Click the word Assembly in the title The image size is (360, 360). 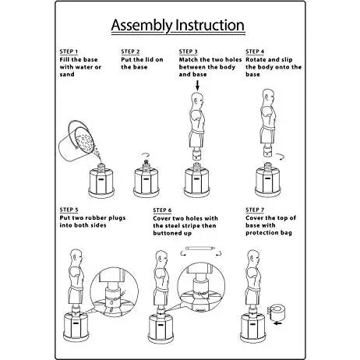(x=142, y=26)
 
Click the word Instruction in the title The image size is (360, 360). (x=210, y=25)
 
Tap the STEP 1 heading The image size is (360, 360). (x=69, y=51)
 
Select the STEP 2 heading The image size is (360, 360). (x=130, y=51)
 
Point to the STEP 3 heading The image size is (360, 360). (x=188, y=51)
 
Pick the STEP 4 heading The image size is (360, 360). (x=255, y=51)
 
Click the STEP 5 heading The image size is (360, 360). (x=69, y=210)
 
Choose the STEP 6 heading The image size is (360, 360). (x=162, y=210)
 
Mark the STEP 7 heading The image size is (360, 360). (x=255, y=210)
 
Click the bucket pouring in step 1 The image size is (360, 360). (x=76, y=143)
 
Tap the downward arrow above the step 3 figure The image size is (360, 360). (x=197, y=86)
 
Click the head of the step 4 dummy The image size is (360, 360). (x=268, y=97)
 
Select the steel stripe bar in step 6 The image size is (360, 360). (x=201, y=248)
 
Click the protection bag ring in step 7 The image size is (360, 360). (x=277, y=312)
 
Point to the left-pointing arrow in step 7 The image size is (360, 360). (x=278, y=323)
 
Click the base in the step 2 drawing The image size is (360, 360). (x=146, y=182)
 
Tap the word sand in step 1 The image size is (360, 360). (x=67, y=74)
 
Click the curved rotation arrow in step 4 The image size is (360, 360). (x=281, y=157)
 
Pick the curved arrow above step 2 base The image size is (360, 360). (x=146, y=155)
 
